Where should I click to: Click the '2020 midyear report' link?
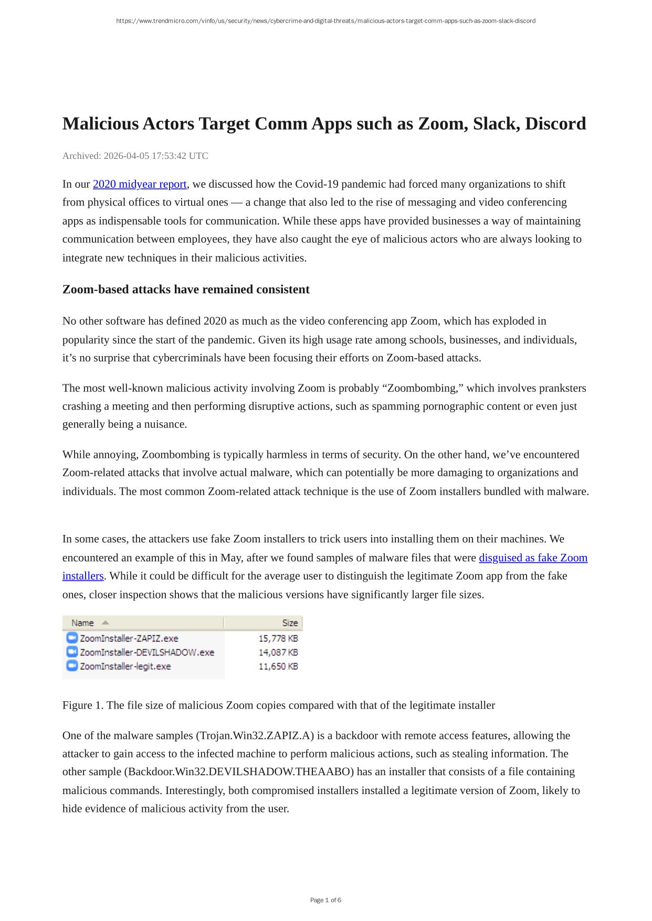point(140,184)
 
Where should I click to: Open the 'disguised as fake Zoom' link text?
point(533,558)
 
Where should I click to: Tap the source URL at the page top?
point(325,21)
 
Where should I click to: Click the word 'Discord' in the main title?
point(555,124)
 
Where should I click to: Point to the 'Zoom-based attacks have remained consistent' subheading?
point(186,290)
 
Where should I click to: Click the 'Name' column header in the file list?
point(82,623)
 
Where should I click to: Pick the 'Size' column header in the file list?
point(290,623)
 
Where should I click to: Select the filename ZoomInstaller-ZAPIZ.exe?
point(129,638)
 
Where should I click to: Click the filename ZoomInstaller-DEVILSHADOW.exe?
point(147,652)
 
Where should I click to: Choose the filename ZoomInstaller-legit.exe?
point(125,666)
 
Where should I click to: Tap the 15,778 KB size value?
point(278,638)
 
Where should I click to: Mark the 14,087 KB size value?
point(278,652)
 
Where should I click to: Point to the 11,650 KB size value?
point(278,666)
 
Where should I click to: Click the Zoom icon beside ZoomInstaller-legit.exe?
point(72,666)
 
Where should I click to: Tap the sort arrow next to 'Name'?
point(105,623)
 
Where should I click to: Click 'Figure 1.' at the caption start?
point(83,705)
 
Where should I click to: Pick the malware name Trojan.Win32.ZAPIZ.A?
point(255,736)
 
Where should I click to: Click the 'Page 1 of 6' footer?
point(325,900)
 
